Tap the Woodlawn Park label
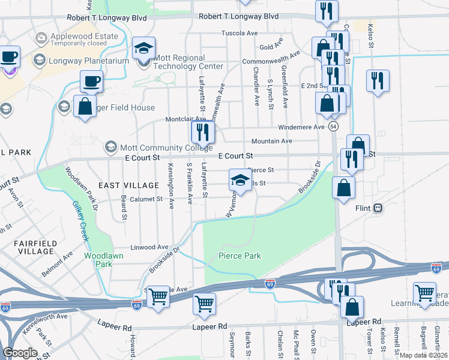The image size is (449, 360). [98, 260]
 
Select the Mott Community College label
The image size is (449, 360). [158, 146]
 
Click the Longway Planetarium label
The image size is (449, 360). [89, 61]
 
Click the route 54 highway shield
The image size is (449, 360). [333, 127]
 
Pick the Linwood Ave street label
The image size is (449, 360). [150, 247]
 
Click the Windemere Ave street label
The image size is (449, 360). [301, 127]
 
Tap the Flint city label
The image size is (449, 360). [363, 208]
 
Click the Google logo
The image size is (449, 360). [19, 353]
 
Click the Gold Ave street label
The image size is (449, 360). [271, 47]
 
